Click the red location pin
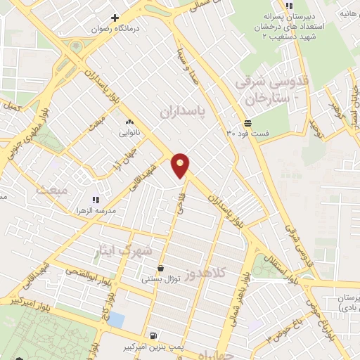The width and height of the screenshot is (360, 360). click(x=181, y=165)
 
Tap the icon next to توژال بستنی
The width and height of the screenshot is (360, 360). click(x=161, y=268)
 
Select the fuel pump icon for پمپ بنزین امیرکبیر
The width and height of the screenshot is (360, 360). click(x=154, y=335)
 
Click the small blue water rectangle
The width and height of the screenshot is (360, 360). click(x=116, y=321)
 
